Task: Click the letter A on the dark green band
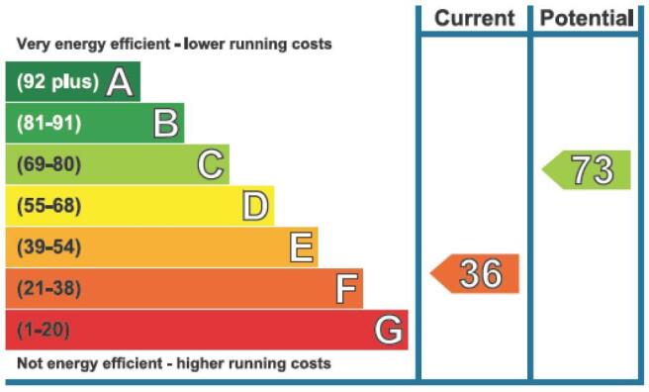point(120,82)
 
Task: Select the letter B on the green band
point(166,123)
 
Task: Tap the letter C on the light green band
point(211,164)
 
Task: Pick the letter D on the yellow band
point(255,206)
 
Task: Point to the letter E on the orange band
point(302,247)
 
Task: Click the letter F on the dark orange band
point(346,288)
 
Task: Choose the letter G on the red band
point(388,330)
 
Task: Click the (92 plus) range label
point(57,81)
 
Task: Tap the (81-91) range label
point(48,123)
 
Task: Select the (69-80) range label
point(48,164)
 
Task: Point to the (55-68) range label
point(48,206)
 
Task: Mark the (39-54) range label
point(48,247)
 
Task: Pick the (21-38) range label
point(48,288)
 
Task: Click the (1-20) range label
point(44,330)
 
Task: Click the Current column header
point(475,18)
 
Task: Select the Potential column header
point(587,18)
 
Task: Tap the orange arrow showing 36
point(474,273)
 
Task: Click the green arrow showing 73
point(586,169)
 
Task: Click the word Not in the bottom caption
point(29,363)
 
